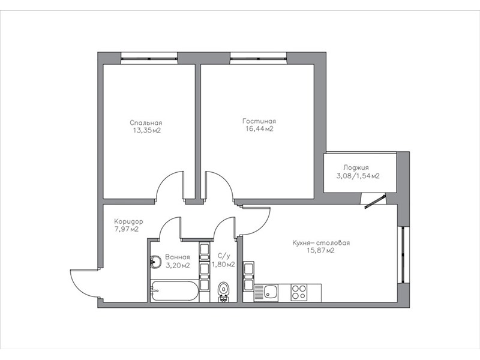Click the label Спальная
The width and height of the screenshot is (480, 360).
click(x=146, y=123)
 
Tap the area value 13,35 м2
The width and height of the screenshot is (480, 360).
click(x=146, y=130)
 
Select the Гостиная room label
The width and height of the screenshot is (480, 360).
click(x=259, y=121)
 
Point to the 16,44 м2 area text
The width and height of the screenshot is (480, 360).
click(x=259, y=129)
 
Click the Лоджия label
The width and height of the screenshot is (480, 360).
click(x=356, y=168)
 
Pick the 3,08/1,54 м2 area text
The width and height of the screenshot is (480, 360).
click(x=358, y=176)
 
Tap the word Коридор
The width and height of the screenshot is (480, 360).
click(x=128, y=221)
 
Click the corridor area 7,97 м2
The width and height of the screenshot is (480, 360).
click(x=127, y=229)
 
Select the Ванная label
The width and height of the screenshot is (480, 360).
click(x=178, y=257)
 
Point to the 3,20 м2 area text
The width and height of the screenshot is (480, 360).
click(x=178, y=265)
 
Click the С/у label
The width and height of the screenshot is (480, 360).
click(x=223, y=256)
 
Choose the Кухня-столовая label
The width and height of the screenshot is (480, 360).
click(x=321, y=243)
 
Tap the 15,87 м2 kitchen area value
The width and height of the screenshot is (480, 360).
click(x=320, y=251)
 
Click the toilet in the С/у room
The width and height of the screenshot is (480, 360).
click(x=224, y=292)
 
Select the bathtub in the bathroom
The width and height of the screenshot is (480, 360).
click(x=175, y=291)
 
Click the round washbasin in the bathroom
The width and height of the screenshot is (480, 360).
click(x=156, y=262)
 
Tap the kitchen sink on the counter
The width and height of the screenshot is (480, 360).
click(x=266, y=292)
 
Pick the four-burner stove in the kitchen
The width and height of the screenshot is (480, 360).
click(x=299, y=292)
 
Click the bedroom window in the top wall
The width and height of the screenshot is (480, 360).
click(x=149, y=58)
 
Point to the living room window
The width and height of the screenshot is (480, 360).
click(x=259, y=58)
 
